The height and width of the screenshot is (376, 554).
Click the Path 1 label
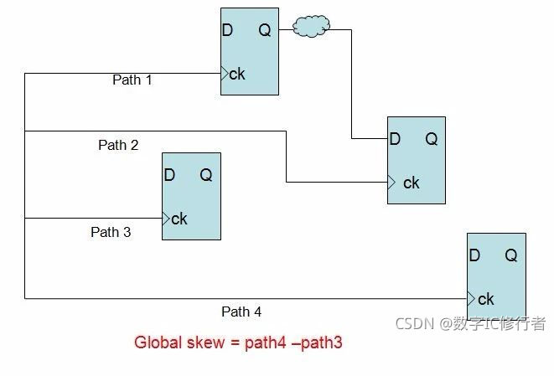pyautogui.click(x=132, y=80)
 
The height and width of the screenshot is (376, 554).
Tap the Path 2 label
pyautogui.click(x=118, y=145)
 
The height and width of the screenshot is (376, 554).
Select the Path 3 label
pyautogui.click(x=111, y=232)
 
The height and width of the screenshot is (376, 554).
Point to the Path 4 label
pyautogui.click(x=241, y=312)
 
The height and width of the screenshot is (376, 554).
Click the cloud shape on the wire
pyautogui.click(x=311, y=27)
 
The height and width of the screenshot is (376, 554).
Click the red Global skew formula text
pyautogui.click(x=238, y=343)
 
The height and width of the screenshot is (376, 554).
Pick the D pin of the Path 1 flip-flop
pyautogui.click(x=227, y=31)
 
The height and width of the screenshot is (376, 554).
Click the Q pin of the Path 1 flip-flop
pyautogui.click(x=264, y=31)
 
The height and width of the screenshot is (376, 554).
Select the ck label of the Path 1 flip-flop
pyautogui.click(x=237, y=74)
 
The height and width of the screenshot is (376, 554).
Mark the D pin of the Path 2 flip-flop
pyautogui.click(x=395, y=140)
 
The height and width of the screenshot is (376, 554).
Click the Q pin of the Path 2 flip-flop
pyautogui.click(x=431, y=140)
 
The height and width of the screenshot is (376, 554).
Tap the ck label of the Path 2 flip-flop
pyautogui.click(x=411, y=183)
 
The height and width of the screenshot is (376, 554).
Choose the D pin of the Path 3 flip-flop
pyautogui.click(x=169, y=175)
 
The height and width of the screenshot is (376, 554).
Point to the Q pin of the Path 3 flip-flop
pyautogui.click(x=205, y=175)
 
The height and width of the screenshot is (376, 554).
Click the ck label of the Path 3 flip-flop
pyautogui.click(x=179, y=219)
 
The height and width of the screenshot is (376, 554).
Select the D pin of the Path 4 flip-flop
pyautogui.click(x=474, y=256)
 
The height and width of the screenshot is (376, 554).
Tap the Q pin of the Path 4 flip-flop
pyautogui.click(x=510, y=256)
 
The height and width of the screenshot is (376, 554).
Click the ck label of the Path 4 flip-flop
pyautogui.click(x=485, y=299)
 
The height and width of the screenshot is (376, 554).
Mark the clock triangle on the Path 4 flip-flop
pyautogui.click(x=471, y=298)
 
